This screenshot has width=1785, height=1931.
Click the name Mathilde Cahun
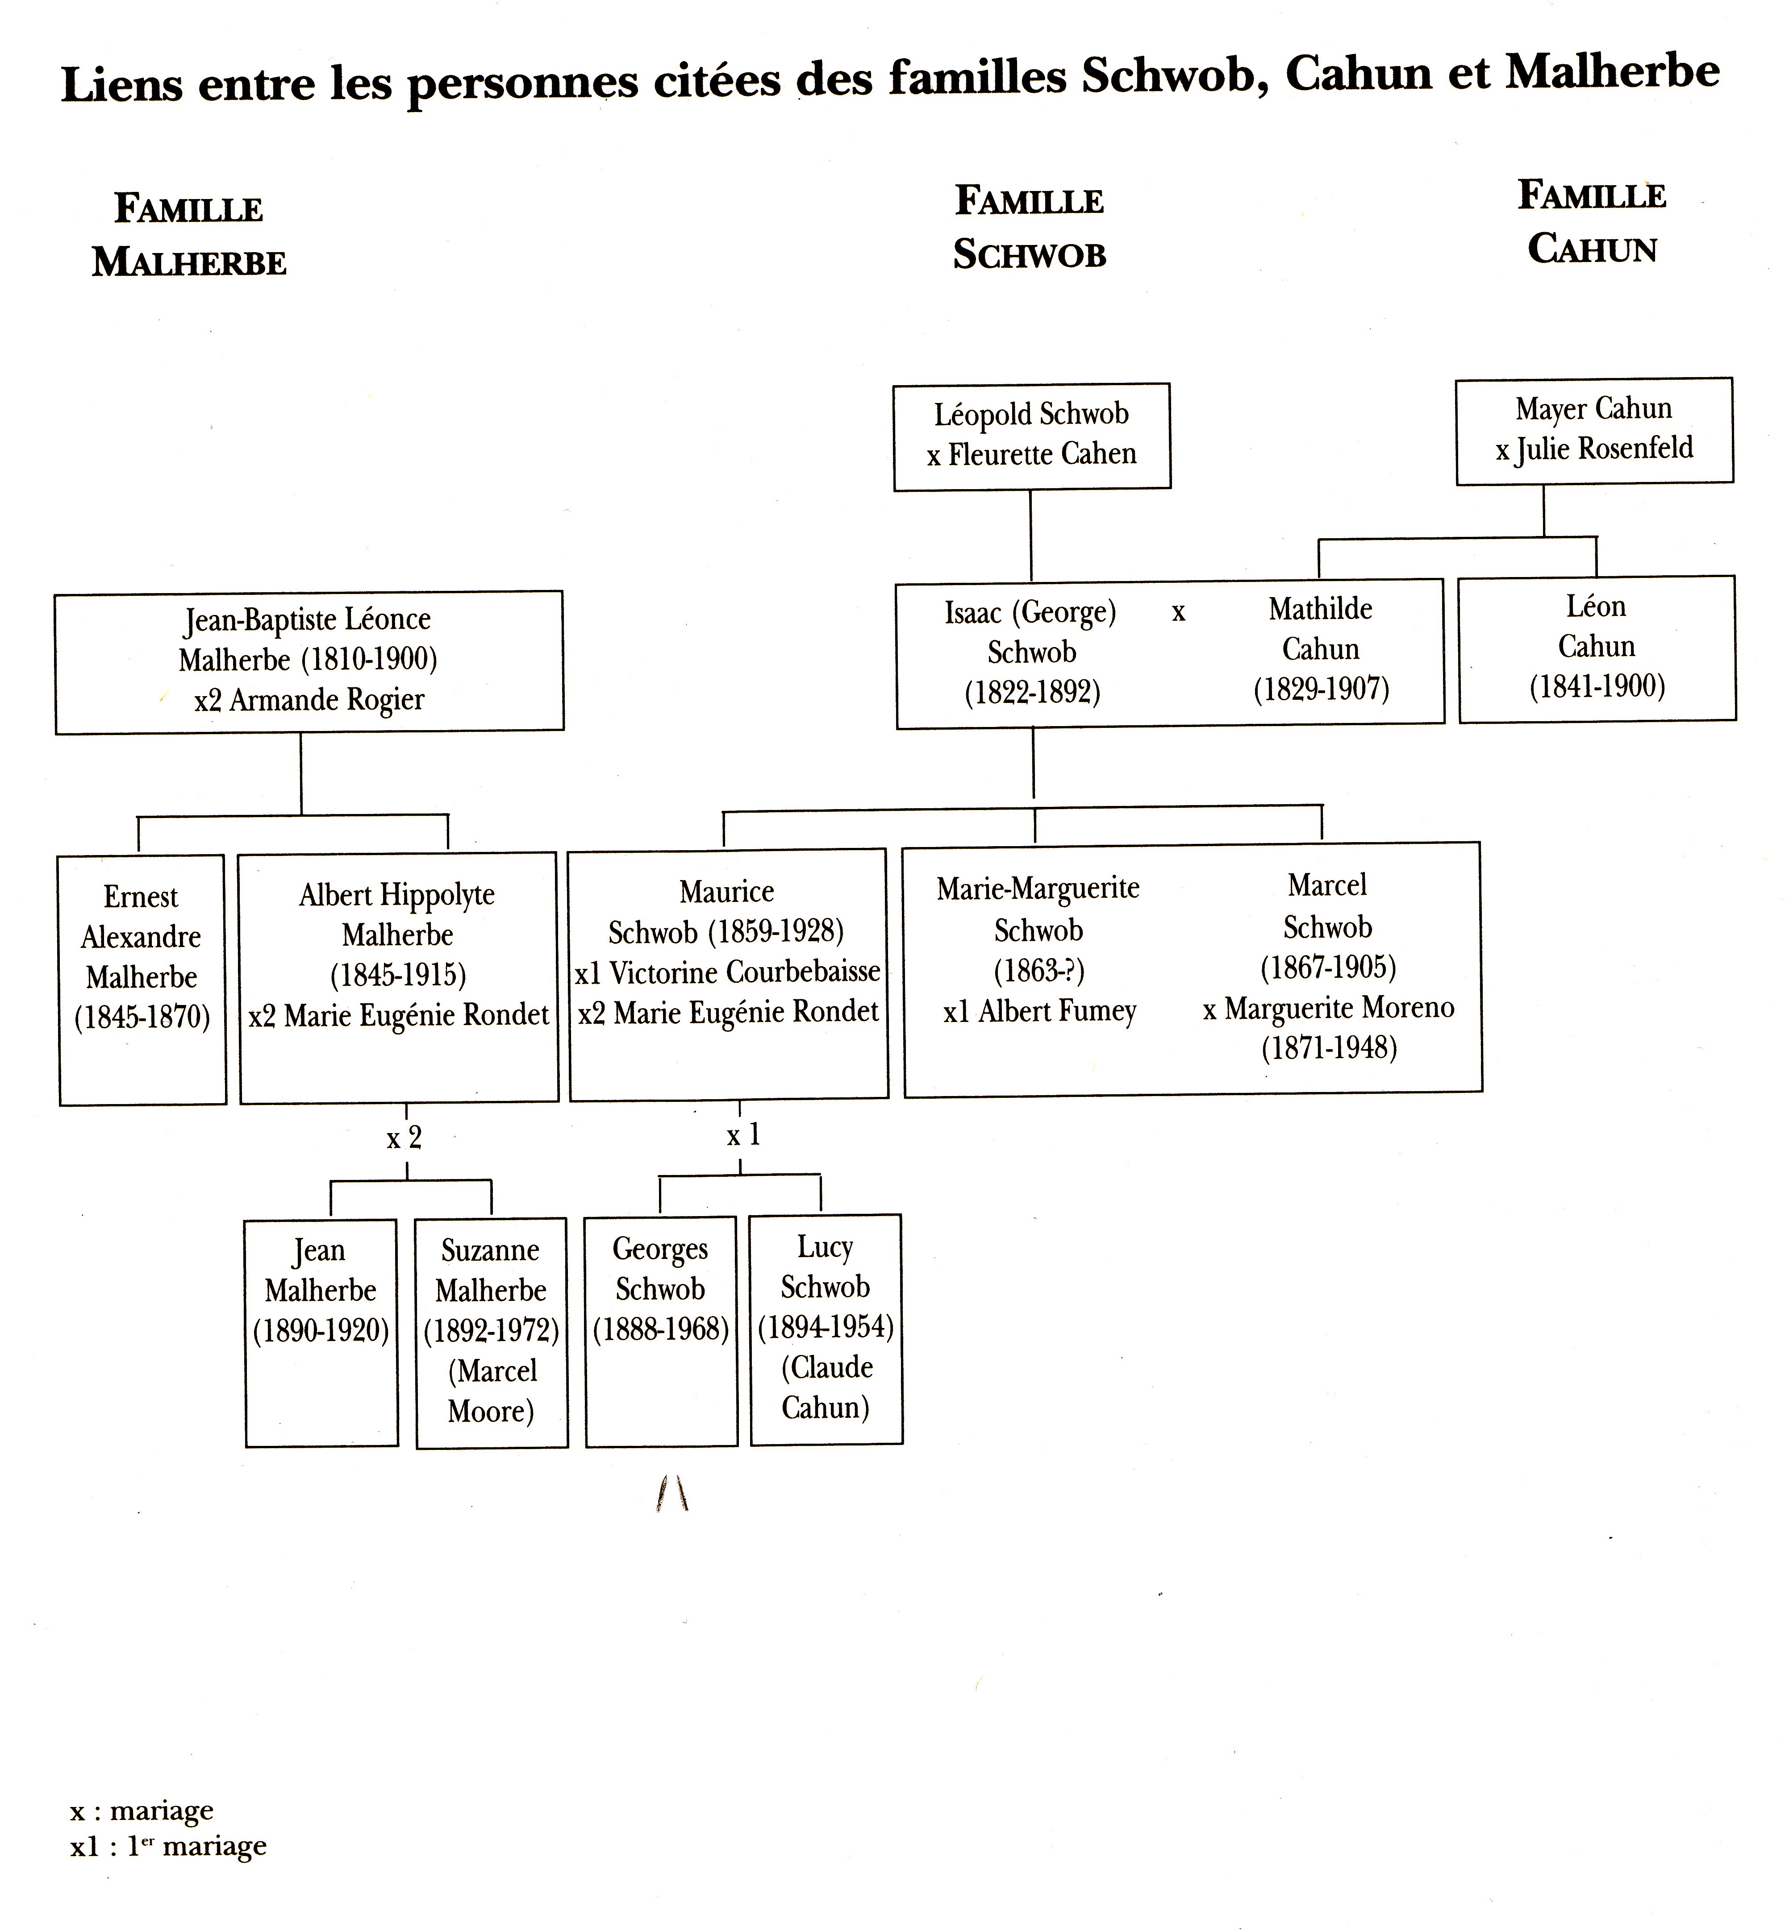coord(1320,628)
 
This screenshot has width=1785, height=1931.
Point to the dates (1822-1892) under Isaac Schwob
coord(1033,692)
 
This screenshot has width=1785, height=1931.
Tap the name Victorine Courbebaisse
coord(745,971)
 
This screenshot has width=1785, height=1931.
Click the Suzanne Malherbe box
coord(492,1333)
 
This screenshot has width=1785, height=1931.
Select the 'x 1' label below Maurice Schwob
coord(744,1134)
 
